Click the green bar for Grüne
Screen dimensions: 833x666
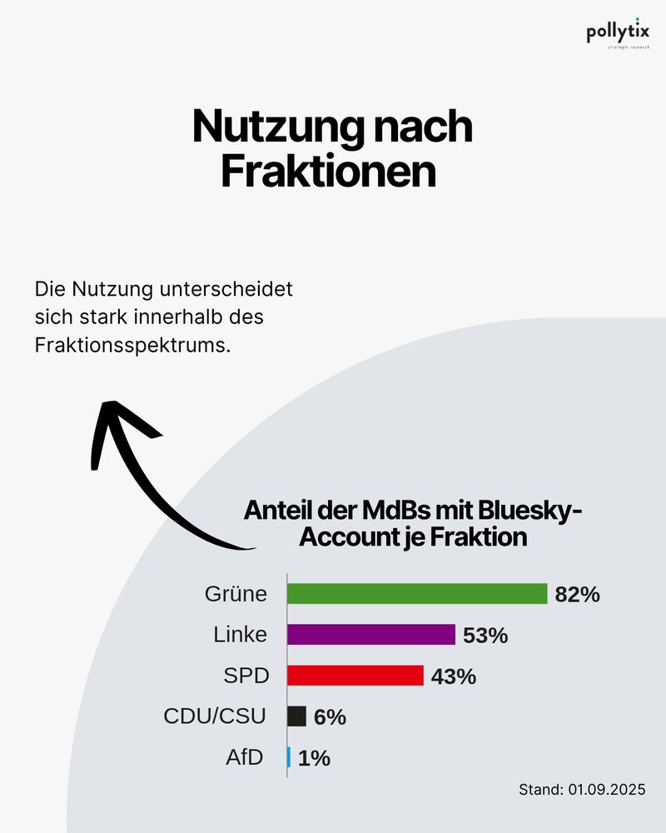coord(416,594)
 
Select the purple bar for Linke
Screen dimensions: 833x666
coord(371,635)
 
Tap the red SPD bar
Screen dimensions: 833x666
coord(355,676)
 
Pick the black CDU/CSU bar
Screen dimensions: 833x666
coord(296,716)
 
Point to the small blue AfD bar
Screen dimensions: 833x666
coord(289,757)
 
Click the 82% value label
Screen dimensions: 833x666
coord(577,595)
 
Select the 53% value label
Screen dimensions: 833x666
coord(485,636)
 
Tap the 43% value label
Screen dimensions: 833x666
coord(454,676)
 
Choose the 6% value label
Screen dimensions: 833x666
coord(330,717)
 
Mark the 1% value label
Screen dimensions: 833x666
coord(314,758)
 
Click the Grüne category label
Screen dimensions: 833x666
coord(236,594)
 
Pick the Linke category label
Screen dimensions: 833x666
coord(240,635)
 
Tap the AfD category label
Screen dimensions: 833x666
coord(245,757)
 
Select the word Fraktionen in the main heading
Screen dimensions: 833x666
coord(328,172)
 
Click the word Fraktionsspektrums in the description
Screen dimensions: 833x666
coord(132,344)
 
